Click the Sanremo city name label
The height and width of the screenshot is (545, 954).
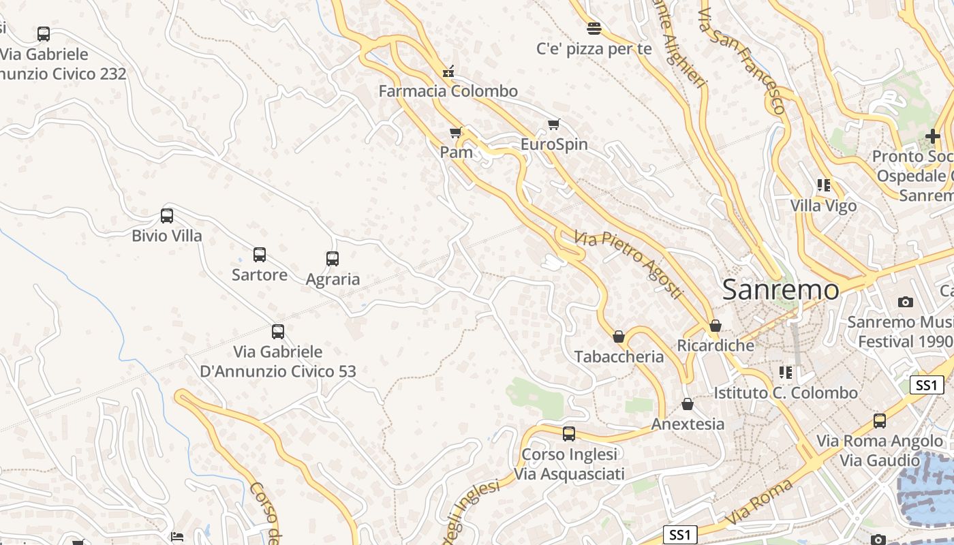point(780,290)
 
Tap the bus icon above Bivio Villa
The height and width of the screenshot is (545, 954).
point(167,216)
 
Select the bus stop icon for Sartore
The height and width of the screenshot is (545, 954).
point(260,255)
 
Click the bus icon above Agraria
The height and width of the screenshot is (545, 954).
point(333,259)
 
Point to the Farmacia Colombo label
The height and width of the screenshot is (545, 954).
point(448,91)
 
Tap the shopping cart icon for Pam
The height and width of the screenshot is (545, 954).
point(456,132)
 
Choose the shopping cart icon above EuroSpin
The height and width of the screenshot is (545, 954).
point(554,124)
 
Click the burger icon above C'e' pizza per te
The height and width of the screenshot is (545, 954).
point(594,28)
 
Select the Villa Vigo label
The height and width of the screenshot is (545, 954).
point(823,205)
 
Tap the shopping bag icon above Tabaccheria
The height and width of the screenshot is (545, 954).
point(619,337)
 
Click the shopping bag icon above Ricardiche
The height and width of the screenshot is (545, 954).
point(715,326)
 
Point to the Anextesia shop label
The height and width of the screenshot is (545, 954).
point(688,424)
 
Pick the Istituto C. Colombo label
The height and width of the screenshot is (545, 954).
point(785,393)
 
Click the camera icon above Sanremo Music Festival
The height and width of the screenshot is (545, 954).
point(905,302)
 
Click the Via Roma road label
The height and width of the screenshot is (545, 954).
point(759,501)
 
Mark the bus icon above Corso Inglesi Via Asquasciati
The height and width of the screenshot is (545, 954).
point(569,434)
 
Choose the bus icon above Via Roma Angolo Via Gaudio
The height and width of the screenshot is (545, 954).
point(880,420)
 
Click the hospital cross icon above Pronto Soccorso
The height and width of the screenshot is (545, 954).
point(932,137)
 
